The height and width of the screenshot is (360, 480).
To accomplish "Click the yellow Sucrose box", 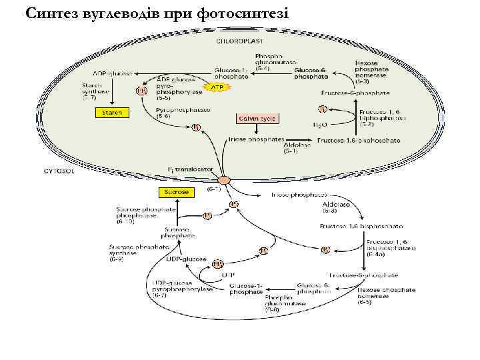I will click(x=177, y=192).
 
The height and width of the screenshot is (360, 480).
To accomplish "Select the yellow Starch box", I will click(x=112, y=113).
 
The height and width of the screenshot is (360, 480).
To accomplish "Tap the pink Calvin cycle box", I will click(x=257, y=119).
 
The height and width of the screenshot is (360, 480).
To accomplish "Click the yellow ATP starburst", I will click(x=217, y=87).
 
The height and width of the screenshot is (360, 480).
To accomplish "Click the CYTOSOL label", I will click(x=59, y=171).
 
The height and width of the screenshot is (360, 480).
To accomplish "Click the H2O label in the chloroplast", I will click(x=321, y=125).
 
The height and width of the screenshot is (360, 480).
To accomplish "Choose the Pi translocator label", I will click(x=191, y=169).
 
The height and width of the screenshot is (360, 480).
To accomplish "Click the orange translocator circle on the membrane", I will click(x=223, y=180).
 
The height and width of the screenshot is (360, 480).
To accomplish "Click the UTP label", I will click(x=229, y=273).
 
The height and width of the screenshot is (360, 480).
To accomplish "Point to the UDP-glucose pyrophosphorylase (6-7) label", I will click(x=182, y=289).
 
